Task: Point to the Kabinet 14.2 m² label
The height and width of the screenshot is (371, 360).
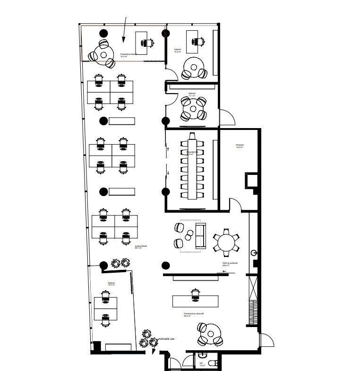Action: [x=178, y=51]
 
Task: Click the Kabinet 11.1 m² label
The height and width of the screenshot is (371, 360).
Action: [x=192, y=95]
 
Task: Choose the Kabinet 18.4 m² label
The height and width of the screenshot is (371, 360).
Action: [x=111, y=285]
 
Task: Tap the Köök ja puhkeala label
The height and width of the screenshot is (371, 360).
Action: [x=230, y=265]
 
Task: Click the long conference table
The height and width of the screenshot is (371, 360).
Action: [x=192, y=168]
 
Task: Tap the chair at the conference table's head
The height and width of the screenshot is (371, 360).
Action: [x=192, y=136]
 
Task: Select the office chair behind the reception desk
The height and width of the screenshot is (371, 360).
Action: [x=196, y=294]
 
